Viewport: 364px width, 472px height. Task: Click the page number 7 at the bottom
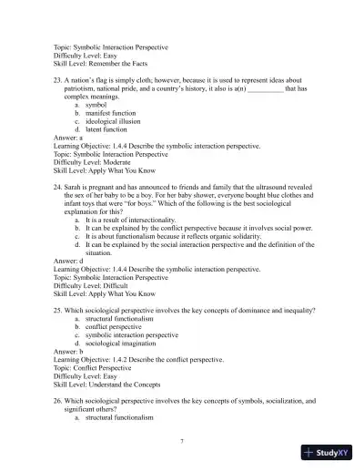182,441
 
